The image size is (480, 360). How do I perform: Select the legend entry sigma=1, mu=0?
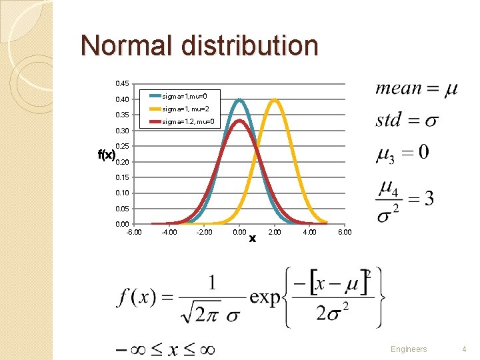coord(189,97)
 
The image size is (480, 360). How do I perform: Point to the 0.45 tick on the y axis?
coord(122,84)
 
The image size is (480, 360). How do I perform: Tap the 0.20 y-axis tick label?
coord(122,162)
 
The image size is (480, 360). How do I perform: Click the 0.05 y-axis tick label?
coord(122,209)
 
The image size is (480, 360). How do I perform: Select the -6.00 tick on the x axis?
coord(133,232)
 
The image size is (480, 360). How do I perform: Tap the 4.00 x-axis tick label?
coord(309,232)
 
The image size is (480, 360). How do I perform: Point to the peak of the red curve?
coord(239,120)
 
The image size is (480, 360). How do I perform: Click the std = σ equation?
coord(407,121)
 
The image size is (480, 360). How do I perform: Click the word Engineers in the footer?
coord(408,349)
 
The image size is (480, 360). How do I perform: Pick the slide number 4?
coord(464,349)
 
